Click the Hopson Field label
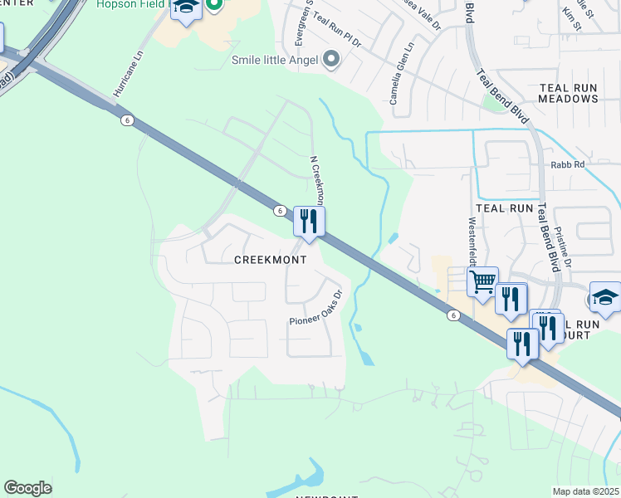tap(133, 4)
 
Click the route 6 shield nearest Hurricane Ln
tap(126, 120)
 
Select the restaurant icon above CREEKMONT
tap(309, 222)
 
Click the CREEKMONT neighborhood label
tap(270, 260)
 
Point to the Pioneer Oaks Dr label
tap(316, 308)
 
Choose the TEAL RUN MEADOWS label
tap(568, 93)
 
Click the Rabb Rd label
tap(567, 165)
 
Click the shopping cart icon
tap(482, 282)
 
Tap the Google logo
tap(28, 487)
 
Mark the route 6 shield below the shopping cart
tap(452, 315)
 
